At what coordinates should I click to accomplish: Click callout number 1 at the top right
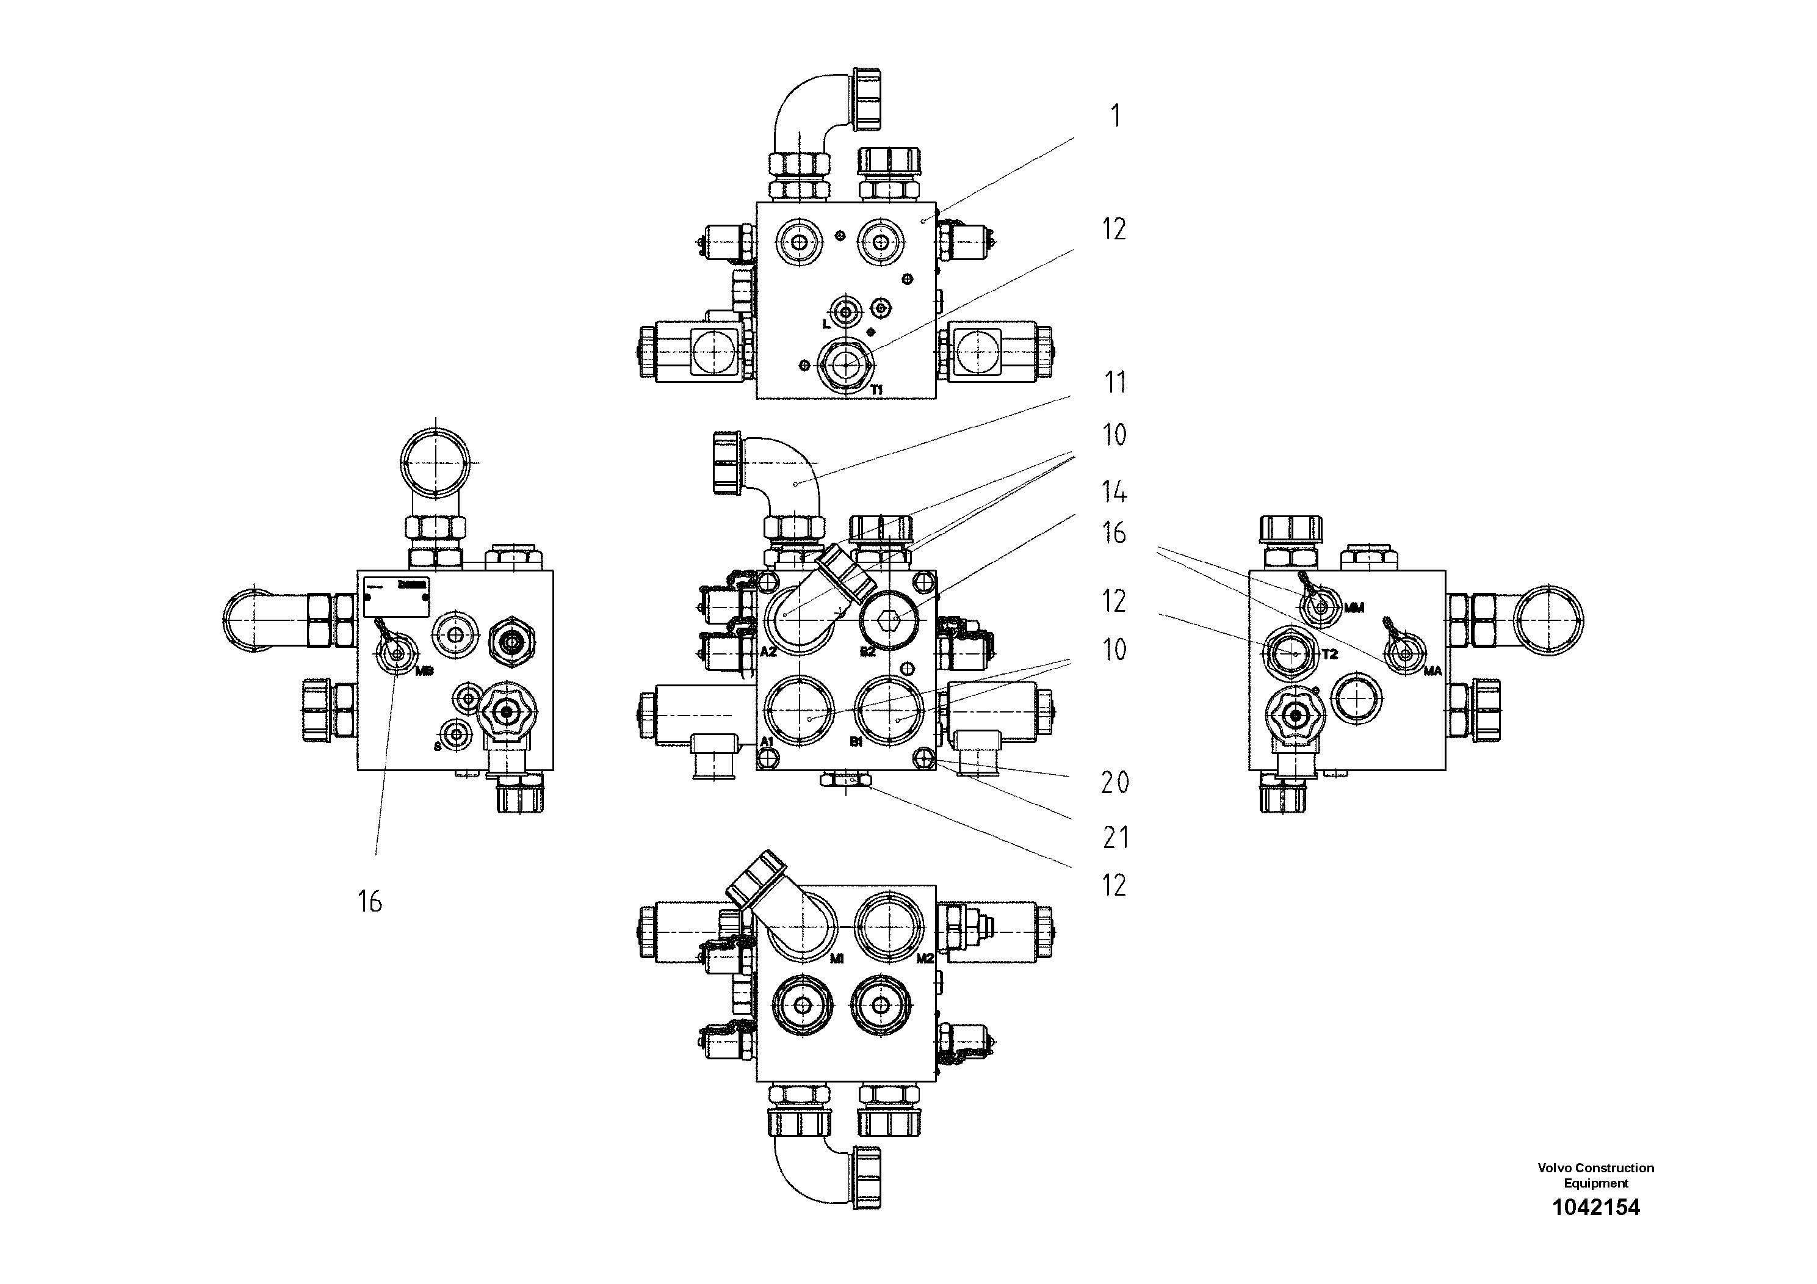[x=1116, y=117]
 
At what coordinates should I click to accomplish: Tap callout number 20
[x=1115, y=783]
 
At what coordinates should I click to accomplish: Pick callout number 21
[x=1116, y=838]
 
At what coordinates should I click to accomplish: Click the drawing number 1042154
[x=1595, y=1230]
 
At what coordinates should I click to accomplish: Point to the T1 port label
[x=877, y=390]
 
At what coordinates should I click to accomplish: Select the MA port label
[x=1432, y=671]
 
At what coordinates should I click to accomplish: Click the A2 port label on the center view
[x=768, y=652]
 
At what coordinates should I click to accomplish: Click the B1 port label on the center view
[x=856, y=741]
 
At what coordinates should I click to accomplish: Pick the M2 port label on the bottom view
[x=925, y=958]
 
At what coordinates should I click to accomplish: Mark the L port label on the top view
[x=825, y=324]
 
